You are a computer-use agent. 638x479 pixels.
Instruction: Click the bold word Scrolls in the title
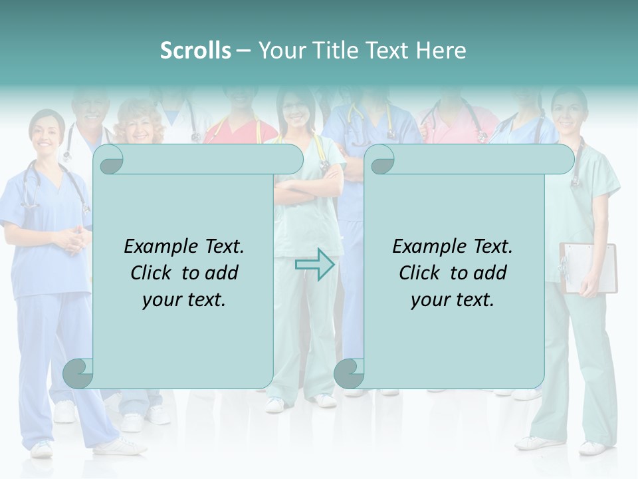195,50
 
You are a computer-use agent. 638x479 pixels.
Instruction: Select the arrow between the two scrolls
314,265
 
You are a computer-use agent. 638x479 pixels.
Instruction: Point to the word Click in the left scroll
152,273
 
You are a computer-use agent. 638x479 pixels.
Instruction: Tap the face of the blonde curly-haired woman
140,127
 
